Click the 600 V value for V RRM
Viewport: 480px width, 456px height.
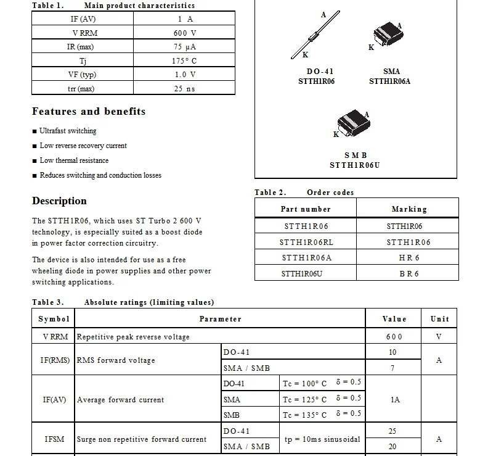pos(184,33)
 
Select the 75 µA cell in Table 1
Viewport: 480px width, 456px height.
pos(184,47)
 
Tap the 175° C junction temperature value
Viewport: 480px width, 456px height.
pos(184,61)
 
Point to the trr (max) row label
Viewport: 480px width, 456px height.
pos(81,89)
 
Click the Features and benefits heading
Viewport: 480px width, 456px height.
pos(89,112)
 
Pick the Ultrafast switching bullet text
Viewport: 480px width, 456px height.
pos(68,131)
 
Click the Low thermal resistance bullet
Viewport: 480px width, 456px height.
pos(74,160)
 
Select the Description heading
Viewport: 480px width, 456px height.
pos(59,201)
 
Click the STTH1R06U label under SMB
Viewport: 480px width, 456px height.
pos(354,165)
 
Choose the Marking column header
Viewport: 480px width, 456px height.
pos(409,209)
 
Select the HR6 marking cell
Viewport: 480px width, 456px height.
pos(409,258)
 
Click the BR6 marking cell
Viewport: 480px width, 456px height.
pos(409,273)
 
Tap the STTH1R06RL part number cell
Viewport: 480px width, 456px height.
pos(306,243)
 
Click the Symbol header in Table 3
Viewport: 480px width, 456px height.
pos(54,319)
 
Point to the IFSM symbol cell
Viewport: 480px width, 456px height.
pos(54,439)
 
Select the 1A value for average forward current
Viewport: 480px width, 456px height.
pos(395,400)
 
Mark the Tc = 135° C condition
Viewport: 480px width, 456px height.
pos(305,415)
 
